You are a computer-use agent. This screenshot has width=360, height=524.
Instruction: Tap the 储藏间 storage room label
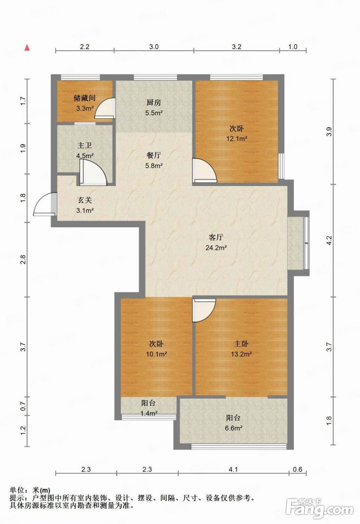tap(85, 98)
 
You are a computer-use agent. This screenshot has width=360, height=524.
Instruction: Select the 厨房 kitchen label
tap(154, 103)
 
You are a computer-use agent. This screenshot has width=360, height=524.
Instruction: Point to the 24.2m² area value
tap(216, 248)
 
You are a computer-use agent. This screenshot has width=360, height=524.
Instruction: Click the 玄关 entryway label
tap(85, 200)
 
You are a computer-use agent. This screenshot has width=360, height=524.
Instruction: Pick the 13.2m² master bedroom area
tap(241, 354)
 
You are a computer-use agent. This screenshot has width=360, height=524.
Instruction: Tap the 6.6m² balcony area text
tap(233, 428)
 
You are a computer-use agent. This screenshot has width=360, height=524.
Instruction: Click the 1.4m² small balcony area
tap(149, 413)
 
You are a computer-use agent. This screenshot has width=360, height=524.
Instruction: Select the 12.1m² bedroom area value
tap(237, 139)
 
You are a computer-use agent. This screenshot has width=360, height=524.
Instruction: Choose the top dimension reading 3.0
tap(154, 47)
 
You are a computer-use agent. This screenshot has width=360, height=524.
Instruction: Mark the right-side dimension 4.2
tap(329, 240)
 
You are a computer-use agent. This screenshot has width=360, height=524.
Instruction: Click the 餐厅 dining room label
tap(154, 155)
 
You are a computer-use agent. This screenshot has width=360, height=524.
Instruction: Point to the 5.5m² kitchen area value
tap(154, 113)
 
